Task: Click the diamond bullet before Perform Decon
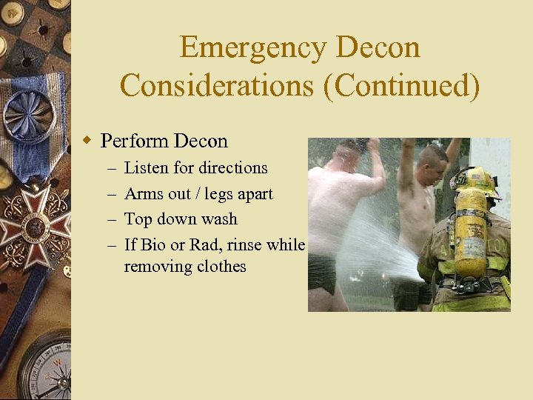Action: coord(87,141)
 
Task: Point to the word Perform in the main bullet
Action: coord(134,141)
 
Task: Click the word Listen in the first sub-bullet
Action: coord(146,168)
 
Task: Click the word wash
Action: coord(219,219)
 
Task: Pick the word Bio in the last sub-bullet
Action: coord(153,244)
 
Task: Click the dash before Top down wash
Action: coord(110,219)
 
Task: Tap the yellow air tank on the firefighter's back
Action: coord(471,233)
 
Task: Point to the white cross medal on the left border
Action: coord(33,227)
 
